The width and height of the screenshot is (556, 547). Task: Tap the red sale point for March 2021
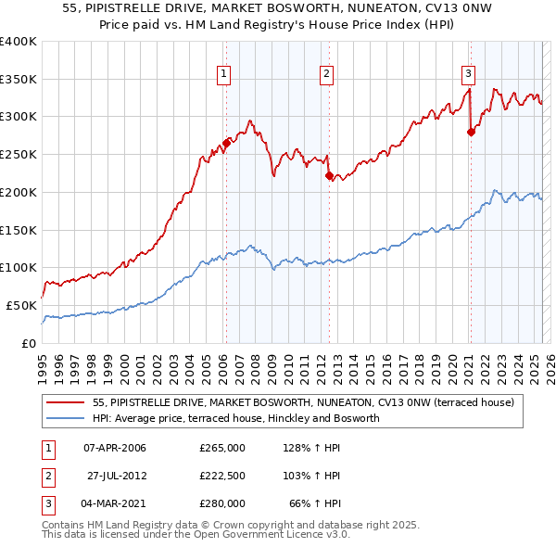(471, 132)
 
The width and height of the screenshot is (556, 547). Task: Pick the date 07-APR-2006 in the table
(115, 448)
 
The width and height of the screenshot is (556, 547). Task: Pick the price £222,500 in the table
(221, 476)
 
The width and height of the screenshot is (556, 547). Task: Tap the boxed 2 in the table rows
(46, 476)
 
